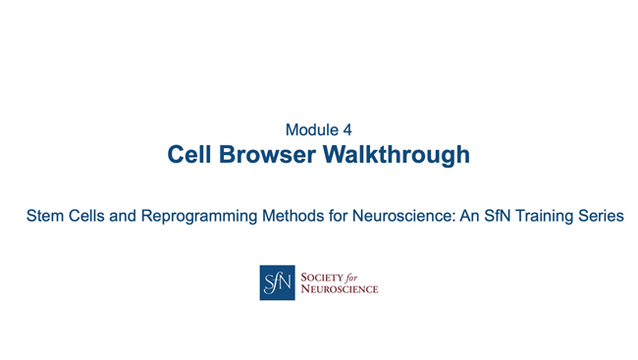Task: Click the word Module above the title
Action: (x=308, y=129)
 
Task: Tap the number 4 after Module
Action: (x=346, y=129)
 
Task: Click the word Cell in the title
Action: (x=190, y=155)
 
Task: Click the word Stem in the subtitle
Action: (x=45, y=216)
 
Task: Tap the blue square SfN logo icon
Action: (x=277, y=283)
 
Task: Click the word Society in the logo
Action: (x=322, y=277)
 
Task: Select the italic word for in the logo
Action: (x=358, y=277)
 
